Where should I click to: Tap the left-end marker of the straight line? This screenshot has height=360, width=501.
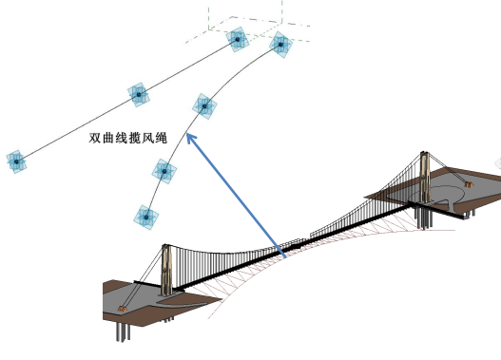point(15,162)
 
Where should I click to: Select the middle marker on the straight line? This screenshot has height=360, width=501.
point(138,95)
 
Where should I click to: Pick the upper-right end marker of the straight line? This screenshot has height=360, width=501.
point(237,40)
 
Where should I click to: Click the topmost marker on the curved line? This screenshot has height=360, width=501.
point(279,44)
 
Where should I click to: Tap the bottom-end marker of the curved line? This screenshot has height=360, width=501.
point(145,217)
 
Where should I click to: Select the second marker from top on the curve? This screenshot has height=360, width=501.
point(203,105)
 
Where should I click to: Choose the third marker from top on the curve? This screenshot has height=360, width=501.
point(164,171)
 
